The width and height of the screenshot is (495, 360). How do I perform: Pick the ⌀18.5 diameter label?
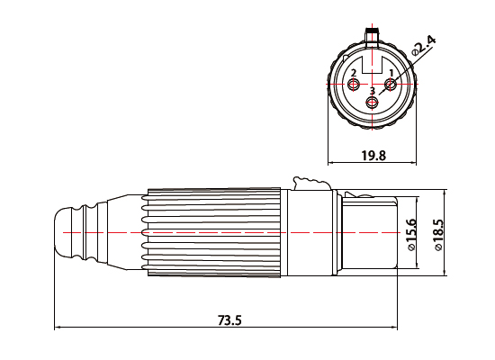point(439,234)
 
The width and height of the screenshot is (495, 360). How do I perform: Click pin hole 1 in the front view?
point(390,85)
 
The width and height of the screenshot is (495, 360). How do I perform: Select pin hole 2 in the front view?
point(353,85)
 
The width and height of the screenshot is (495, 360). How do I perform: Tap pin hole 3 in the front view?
point(372,103)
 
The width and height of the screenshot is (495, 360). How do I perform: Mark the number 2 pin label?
point(354,72)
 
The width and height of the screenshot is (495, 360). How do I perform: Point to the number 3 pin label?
point(372,92)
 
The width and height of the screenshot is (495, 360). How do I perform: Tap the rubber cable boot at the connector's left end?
point(76,231)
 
